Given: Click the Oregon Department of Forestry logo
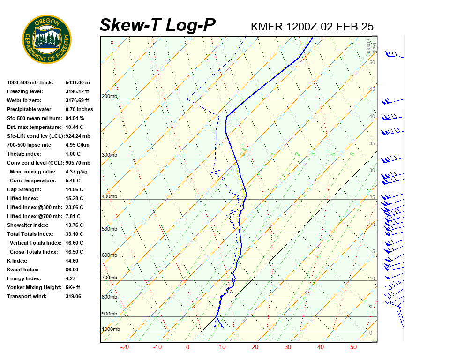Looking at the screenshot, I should click(47, 39).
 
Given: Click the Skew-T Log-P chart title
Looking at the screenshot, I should click(157, 25).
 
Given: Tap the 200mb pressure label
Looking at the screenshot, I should click(109, 97).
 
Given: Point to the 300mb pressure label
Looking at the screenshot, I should click(109, 155).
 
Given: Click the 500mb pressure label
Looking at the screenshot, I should click(109, 229).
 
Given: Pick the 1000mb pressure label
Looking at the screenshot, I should click(111, 330).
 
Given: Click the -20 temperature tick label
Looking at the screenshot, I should click(125, 347).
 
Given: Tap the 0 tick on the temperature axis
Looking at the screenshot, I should click(187, 347).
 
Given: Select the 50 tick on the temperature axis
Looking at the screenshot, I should click(353, 347).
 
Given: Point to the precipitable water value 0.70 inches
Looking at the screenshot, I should click(79, 109).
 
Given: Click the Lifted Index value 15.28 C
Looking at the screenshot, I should click(75, 198).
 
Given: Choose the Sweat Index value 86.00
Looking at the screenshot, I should click(72, 270).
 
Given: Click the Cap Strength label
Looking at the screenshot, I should click(24, 189).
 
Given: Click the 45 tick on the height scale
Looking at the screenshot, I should click(372, 90).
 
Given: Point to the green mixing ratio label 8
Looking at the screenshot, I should click(352, 153).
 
